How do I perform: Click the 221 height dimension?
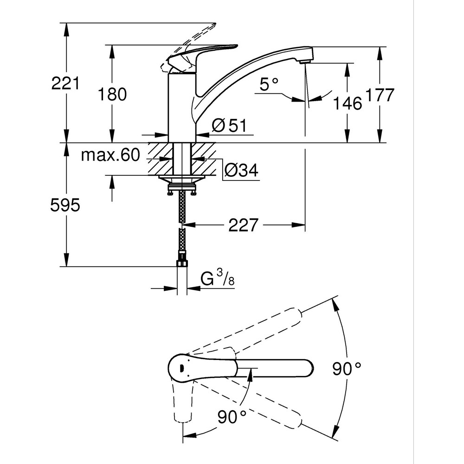pyautogui.click(x=65, y=84)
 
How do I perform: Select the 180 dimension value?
pyautogui.click(x=112, y=94)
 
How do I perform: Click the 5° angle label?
pyautogui.click(x=269, y=84)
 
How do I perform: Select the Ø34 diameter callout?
pyautogui.click(x=241, y=170)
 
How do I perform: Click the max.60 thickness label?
pyautogui.click(x=110, y=155)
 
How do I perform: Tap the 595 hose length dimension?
pyautogui.click(x=65, y=205)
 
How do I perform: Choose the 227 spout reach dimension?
pyautogui.click(x=243, y=226)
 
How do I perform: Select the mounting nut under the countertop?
pyautogui.click(x=182, y=188)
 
